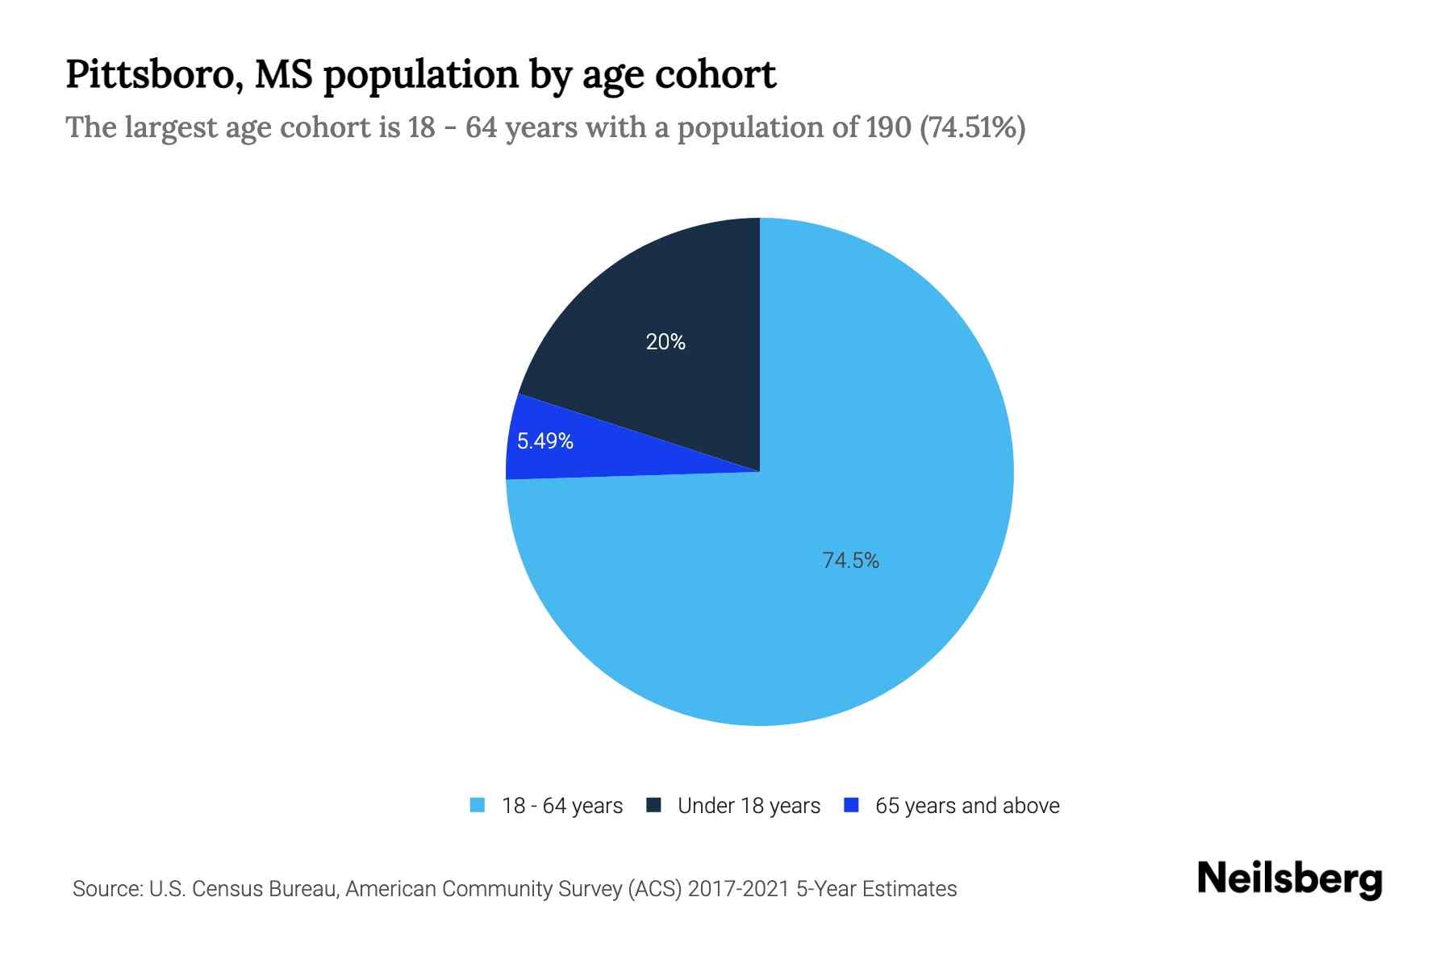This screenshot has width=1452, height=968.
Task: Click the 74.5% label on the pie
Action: (850, 561)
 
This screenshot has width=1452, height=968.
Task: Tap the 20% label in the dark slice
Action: (665, 342)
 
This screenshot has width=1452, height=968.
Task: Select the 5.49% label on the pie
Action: (545, 441)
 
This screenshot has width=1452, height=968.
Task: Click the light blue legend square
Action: (478, 805)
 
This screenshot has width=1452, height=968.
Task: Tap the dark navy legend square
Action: (653, 805)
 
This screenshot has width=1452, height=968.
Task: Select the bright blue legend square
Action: (851, 805)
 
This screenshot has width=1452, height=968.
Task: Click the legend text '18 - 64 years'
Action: (562, 806)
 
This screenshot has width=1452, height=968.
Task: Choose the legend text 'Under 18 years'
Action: (749, 806)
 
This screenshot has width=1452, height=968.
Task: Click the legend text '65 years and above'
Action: (967, 806)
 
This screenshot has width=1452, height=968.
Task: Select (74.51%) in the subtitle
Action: (973, 127)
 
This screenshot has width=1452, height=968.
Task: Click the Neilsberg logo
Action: (1289, 879)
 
